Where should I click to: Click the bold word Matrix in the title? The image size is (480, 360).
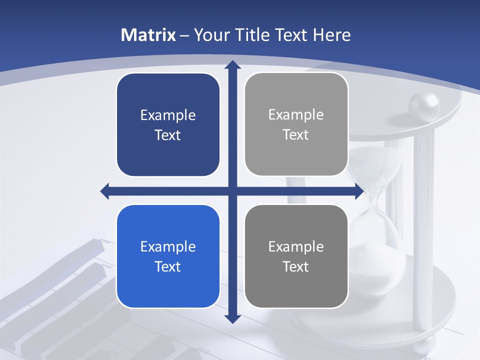148,35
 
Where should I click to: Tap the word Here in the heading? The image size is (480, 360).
331,35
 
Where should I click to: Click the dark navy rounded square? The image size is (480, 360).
168,125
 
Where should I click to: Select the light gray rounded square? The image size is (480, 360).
296,124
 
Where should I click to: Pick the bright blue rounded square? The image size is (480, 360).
168,256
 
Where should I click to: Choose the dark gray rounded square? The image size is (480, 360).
296,256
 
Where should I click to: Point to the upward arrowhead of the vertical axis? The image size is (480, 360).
232,65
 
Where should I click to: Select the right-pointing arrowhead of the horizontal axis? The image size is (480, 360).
359,191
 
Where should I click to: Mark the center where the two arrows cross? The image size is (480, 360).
232,191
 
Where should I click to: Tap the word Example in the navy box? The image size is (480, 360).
168,115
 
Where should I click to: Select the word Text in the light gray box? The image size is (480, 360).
296,135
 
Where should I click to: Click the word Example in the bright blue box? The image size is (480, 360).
168,246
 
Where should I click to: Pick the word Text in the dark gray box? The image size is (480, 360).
296,266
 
